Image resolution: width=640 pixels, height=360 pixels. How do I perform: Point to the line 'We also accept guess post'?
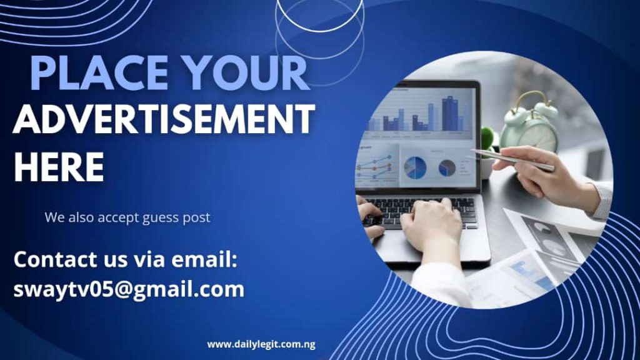[x=127, y=217]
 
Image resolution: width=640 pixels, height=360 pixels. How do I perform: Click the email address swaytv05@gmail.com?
[x=129, y=289]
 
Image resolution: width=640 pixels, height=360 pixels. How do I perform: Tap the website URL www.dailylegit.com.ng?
[x=261, y=344]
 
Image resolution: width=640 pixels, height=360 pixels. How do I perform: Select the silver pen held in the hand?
[x=512, y=159]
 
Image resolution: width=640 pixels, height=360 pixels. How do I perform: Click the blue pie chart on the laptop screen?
[x=415, y=167]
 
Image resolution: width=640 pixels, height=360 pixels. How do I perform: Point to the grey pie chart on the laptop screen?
[x=447, y=167]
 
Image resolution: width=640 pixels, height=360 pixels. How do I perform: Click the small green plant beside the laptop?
[x=487, y=138]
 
